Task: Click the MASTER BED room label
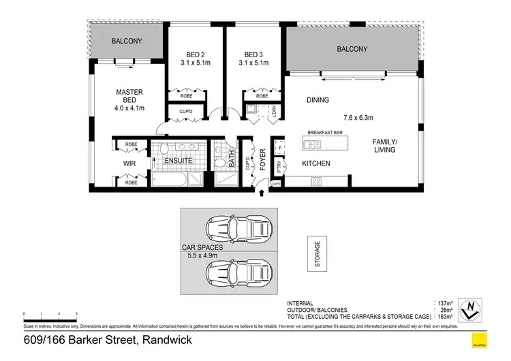[128, 93]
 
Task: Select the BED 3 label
[253, 55]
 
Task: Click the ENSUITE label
[178, 161]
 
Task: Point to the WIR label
[130, 164]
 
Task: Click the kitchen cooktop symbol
[316, 180]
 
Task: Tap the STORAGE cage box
[317, 254]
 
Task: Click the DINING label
[318, 100]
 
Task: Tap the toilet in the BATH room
[220, 162]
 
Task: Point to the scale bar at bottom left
[50, 314]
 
